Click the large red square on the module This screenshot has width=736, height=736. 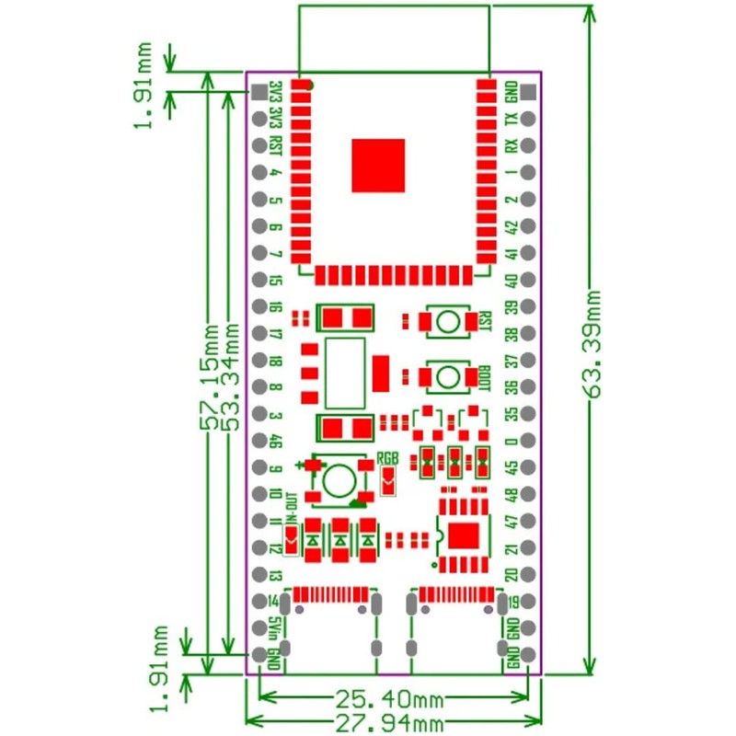coord(378,166)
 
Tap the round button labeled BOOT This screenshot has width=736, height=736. coord(448,376)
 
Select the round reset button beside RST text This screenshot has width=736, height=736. coord(448,321)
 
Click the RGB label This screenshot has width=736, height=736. coord(388,458)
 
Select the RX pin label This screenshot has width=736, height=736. coord(512,146)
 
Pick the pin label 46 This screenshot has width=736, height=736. coord(275,442)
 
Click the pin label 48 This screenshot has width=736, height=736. coord(512,495)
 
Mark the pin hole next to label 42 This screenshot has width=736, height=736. coord(528,226)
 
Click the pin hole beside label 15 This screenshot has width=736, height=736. coord(259,280)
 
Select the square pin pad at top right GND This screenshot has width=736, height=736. coord(528,92)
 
